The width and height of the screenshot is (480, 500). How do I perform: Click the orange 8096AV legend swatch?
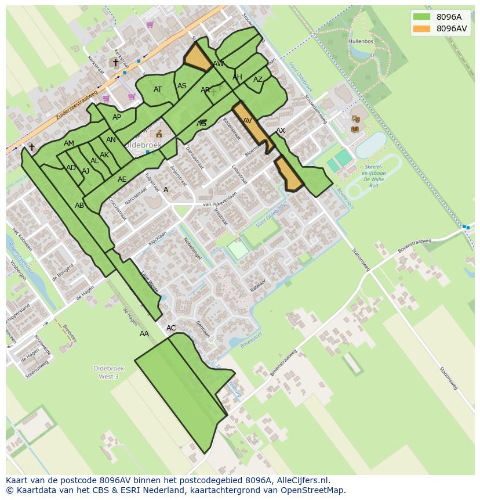(422, 28)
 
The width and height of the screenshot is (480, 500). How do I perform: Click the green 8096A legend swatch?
(422, 17)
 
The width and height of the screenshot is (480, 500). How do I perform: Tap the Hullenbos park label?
(361, 42)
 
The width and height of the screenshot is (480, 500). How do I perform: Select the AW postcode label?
(219, 64)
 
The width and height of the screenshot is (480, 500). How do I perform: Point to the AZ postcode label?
(258, 80)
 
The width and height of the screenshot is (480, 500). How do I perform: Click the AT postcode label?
(158, 89)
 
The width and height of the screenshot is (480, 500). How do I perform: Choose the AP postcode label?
(117, 117)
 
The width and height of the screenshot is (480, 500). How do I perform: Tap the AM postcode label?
(69, 143)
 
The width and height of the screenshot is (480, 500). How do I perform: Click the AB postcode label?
(79, 206)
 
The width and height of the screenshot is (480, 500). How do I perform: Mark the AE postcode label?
(122, 179)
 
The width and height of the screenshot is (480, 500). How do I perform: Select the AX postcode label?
(281, 131)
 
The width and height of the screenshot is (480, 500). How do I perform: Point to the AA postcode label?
(144, 334)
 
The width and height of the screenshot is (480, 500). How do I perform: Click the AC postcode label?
(171, 328)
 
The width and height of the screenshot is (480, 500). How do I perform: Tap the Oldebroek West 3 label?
(105, 372)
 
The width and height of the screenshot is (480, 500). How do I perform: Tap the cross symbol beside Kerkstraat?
(115, 63)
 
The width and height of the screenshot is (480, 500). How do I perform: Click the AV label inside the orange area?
(248, 121)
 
